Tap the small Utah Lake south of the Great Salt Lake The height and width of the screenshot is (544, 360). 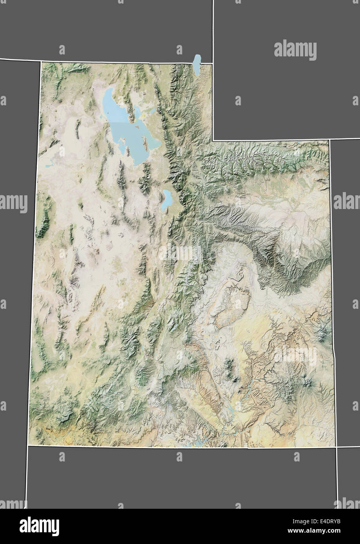tap(167, 199)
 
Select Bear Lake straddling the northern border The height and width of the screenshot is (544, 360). tap(197, 65)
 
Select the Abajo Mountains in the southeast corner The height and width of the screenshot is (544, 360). tap(307, 382)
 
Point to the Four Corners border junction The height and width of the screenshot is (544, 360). tap(336, 447)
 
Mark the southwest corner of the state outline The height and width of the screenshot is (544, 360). tap(28, 445)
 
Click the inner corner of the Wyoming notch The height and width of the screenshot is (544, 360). tap(213, 140)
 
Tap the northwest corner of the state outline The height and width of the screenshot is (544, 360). tap(41, 61)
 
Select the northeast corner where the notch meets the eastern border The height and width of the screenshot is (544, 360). tap(330, 140)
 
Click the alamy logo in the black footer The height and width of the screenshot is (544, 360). tap(39, 526)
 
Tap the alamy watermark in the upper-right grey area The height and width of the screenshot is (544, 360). tap(295, 50)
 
